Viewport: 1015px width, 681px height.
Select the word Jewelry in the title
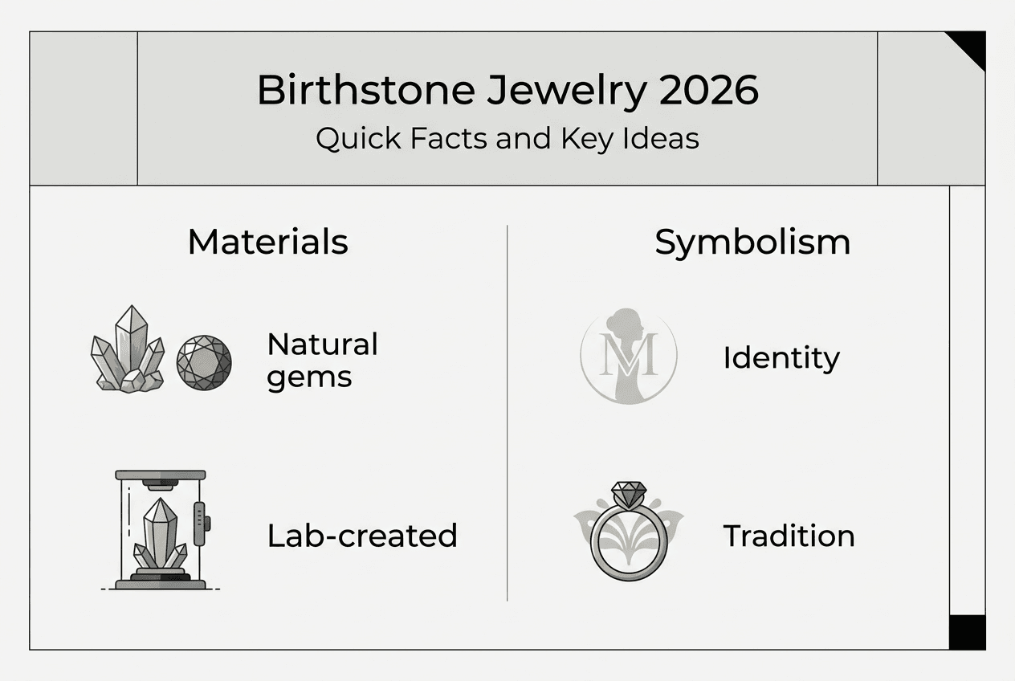tap(566, 90)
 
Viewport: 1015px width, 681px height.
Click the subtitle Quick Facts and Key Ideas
tap(507, 138)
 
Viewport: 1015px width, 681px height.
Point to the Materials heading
tap(267, 242)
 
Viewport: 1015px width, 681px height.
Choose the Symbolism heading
tap(752, 242)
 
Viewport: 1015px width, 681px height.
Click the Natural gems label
tap(322, 360)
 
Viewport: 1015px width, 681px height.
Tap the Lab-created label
tap(362, 536)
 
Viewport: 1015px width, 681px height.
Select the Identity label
tap(781, 357)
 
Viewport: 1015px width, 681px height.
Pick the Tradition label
tap(789, 536)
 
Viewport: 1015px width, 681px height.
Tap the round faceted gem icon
tap(204, 362)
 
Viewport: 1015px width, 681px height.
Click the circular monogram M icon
tap(628, 356)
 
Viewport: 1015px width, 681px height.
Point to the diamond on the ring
tap(628, 492)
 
